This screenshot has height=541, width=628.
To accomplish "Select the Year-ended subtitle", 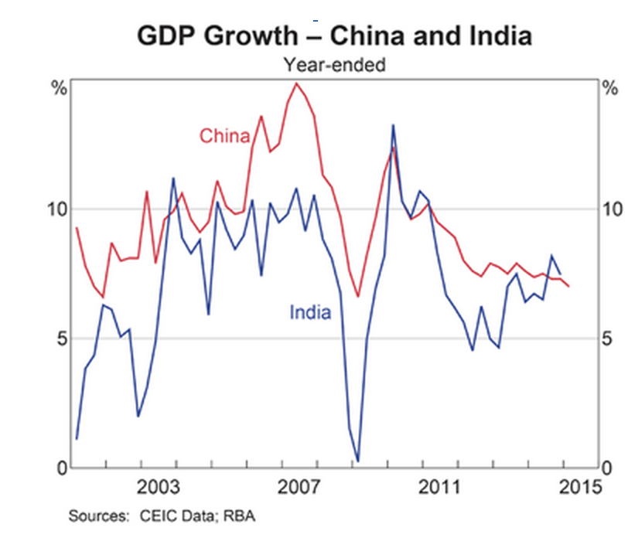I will pos(334,65).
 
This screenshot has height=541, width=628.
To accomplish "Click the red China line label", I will pos(225,137).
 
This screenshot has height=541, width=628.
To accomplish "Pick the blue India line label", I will pos(310,312).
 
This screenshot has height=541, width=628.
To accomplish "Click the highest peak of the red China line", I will pos(296,83).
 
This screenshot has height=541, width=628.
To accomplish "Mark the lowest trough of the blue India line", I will pos(357,461).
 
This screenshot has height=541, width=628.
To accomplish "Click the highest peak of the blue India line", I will pos(393,125).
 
